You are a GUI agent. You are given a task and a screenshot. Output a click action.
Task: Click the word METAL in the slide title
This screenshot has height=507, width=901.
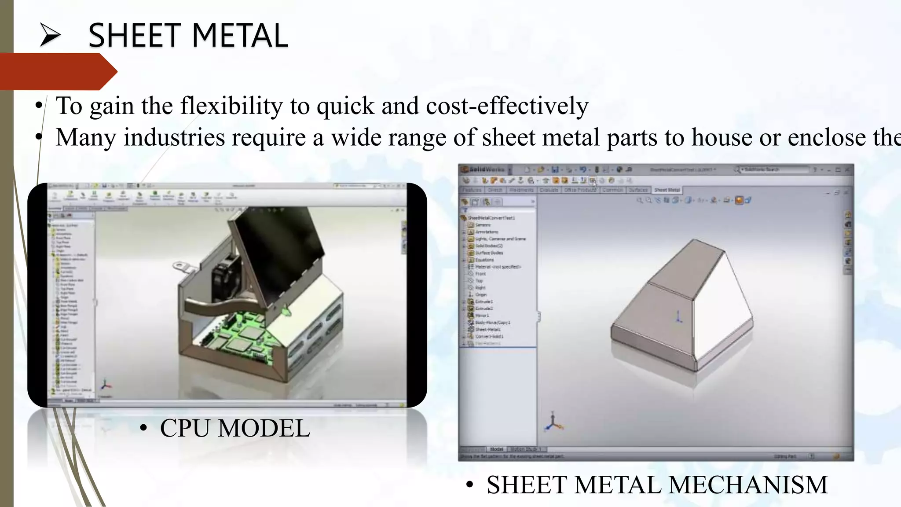240,36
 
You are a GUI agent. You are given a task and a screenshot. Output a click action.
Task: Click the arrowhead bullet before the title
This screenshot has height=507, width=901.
50,35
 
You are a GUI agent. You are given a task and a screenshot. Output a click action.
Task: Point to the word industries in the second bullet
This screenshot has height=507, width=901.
174,137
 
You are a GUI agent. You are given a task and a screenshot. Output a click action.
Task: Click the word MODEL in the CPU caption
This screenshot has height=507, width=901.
264,428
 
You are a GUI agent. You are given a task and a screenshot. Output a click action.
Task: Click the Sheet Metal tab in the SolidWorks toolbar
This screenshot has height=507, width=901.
667,190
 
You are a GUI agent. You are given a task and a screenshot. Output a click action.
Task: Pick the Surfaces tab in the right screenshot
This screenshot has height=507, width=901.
638,190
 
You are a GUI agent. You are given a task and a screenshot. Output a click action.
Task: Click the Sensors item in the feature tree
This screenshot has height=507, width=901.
483,225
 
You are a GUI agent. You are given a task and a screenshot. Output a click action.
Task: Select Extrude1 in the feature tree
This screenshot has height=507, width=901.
484,301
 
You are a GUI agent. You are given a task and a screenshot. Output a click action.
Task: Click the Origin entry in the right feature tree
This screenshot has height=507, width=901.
481,294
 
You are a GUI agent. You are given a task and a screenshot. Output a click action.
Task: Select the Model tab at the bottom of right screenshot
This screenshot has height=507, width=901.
496,449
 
